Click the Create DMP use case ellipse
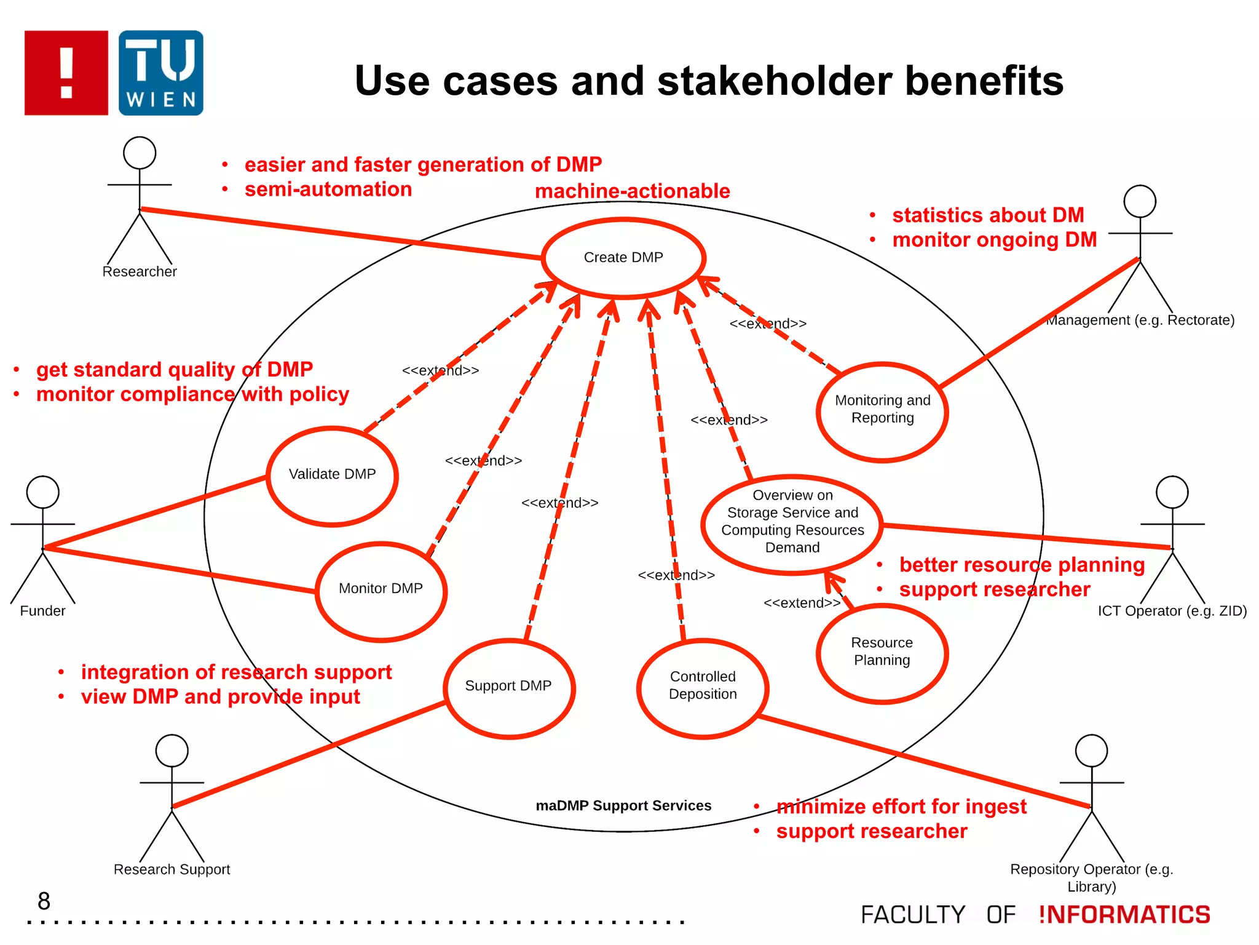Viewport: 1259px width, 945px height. pyautogui.click(x=623, y=258)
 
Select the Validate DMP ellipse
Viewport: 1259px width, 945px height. pyautogui.click(x=333, y=476)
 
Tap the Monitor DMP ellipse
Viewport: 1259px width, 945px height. pyautogui.click(x=381, y=591)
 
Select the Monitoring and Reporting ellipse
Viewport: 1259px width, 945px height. pyautogui.click(x=882, y=410)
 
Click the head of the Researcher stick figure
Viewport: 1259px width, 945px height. pyautogui.click(x=140, y=153)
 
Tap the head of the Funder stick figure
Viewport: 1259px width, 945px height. pyautogui.click(x=43, y=492)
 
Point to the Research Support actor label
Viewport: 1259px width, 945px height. pyautogui.click(x=172, y=869)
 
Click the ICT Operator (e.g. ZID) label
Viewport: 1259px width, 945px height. pyautogui.click(x=1172, y=611)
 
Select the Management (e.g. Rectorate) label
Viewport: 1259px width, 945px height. pyautogui.click(x=1140, y=320)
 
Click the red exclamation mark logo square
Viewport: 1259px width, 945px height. pyautogui.click(x=66, y=73)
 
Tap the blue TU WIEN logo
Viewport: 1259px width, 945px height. pyautogui.click(x=161, y=73)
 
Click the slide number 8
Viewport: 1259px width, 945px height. pyautogui.click(x=44, y=901)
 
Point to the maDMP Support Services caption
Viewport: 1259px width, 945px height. pyautogui.click(x=623, y=805)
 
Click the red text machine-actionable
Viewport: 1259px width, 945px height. pyautogui.click(x=632, y=191)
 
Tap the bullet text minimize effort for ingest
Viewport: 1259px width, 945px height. pyautogui.click(x=901, y=807)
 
